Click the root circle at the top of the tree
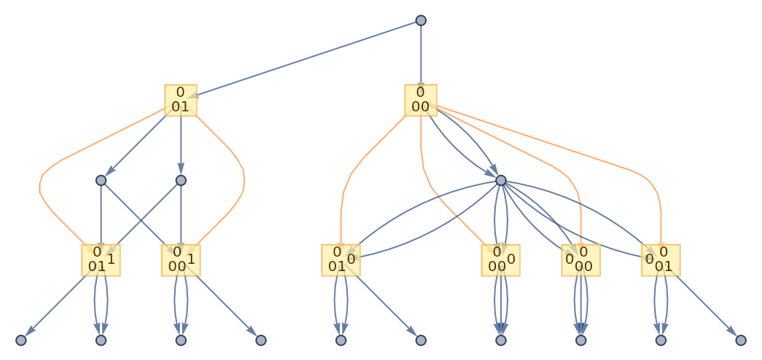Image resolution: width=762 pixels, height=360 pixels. tap(421, 20)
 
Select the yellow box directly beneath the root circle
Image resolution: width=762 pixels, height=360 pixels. tap(421, 100)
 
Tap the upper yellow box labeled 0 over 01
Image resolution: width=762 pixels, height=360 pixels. tap(181, 100)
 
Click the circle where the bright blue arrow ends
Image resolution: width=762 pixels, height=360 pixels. tap(101, 180)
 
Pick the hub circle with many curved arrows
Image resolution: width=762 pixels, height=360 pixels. tap(501, 180)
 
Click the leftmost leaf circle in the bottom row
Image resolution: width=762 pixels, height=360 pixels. tap(21, 340)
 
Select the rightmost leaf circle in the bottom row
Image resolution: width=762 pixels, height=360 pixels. tap(740, 340)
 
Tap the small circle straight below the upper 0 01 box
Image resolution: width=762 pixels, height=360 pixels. tap(181, 180)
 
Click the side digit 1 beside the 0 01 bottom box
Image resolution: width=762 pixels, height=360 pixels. tap(111, 258)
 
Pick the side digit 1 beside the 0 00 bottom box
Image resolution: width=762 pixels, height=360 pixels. tap(191, 258)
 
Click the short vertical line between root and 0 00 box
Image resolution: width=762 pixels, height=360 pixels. tap(421, 54)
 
